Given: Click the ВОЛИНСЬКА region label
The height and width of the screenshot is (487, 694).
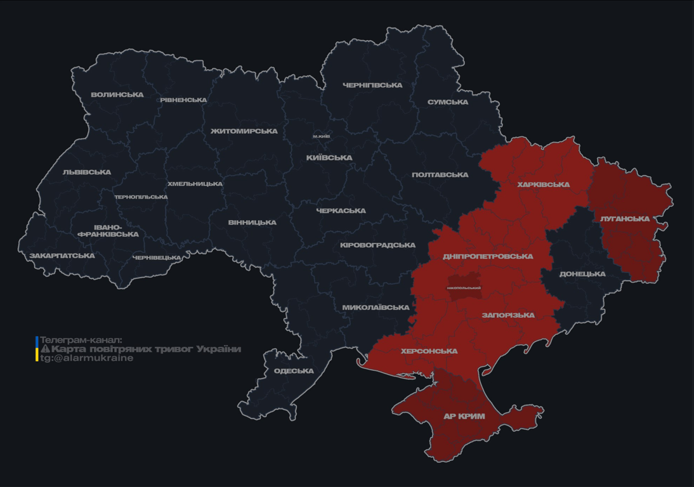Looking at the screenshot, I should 117,95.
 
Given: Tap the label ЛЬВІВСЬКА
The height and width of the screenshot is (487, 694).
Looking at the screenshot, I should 87,172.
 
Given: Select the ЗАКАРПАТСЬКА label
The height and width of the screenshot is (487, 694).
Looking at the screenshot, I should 62,256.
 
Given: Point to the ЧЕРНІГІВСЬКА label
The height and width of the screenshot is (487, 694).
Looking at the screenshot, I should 372,85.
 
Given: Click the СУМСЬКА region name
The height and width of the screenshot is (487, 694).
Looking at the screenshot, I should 448,102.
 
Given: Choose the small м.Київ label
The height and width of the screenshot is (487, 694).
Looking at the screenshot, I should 321,136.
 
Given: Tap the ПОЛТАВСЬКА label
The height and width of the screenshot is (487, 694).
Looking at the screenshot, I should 440,175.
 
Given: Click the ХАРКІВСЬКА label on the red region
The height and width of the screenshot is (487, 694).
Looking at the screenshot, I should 544,185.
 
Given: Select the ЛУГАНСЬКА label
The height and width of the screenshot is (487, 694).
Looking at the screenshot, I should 625,219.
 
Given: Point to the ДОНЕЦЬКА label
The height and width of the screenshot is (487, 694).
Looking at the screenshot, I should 582,275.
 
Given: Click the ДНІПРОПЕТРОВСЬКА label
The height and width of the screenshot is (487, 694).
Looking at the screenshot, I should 488,257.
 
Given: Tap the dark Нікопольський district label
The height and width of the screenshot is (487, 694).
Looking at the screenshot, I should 464,288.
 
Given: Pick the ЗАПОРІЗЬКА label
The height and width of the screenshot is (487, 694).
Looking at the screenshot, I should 508,315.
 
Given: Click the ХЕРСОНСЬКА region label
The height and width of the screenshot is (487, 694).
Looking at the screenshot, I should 429,351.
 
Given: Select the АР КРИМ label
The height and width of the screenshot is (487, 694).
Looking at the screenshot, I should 464,417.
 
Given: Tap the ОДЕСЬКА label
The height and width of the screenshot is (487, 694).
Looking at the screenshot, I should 294,371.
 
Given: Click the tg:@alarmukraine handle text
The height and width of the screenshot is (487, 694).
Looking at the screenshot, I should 87,358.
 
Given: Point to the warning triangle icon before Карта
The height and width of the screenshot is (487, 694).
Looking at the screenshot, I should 45,349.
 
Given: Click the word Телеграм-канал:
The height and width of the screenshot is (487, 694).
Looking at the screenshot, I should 81,341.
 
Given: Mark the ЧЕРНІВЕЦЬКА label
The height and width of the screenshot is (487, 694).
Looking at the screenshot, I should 157,258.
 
